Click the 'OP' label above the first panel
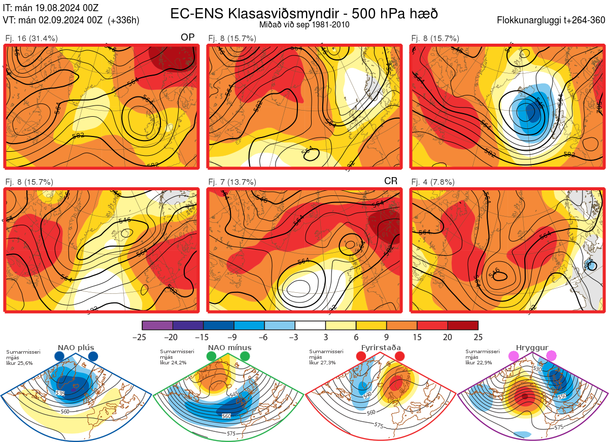tap(188, 38)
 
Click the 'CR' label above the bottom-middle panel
tap(391, 181)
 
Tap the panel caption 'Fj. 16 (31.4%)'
tap(31, 38)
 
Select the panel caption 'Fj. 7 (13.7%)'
tap(232, 182)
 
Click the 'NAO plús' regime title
tap(76, 348)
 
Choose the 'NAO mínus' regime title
tap(229, 348)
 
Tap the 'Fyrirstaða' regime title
tap(380, 348)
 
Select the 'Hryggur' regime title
tap(532, 348)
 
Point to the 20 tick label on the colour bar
tap(447, 337)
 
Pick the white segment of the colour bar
tap(310, 325)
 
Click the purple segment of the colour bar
tap(157, 325)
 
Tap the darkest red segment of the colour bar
tap(463, 325)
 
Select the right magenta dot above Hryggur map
tap(551, 356)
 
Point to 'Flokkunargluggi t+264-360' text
tap(552, 20)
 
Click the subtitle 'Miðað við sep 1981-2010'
tap(303, 24)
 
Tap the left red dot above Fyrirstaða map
tap(361, 357)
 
